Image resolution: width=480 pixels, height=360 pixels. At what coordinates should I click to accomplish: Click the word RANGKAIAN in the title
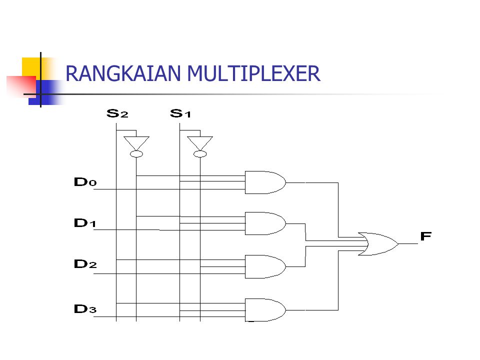(123, 74)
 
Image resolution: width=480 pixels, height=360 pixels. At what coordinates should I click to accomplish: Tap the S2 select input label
(117, 113)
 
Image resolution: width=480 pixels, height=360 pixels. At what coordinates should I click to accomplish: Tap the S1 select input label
(180, 113)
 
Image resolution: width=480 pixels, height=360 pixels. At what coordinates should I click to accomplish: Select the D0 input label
(85, 182)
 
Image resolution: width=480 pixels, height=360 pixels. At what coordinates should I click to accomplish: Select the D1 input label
(85, 223)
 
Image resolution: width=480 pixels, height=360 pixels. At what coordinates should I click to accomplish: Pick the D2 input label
(85, 264)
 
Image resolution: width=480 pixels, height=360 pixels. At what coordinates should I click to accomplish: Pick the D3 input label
(85, 308)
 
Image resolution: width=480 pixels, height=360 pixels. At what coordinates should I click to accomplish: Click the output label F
(425, 236)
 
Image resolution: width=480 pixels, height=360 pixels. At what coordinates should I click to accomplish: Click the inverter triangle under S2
(136, 141)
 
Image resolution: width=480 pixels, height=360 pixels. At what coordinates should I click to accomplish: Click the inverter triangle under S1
(200, 141)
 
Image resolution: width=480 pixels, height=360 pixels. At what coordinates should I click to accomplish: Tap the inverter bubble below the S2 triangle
(136, 154)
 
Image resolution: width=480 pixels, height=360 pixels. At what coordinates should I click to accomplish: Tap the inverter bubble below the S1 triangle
(200, 154)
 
